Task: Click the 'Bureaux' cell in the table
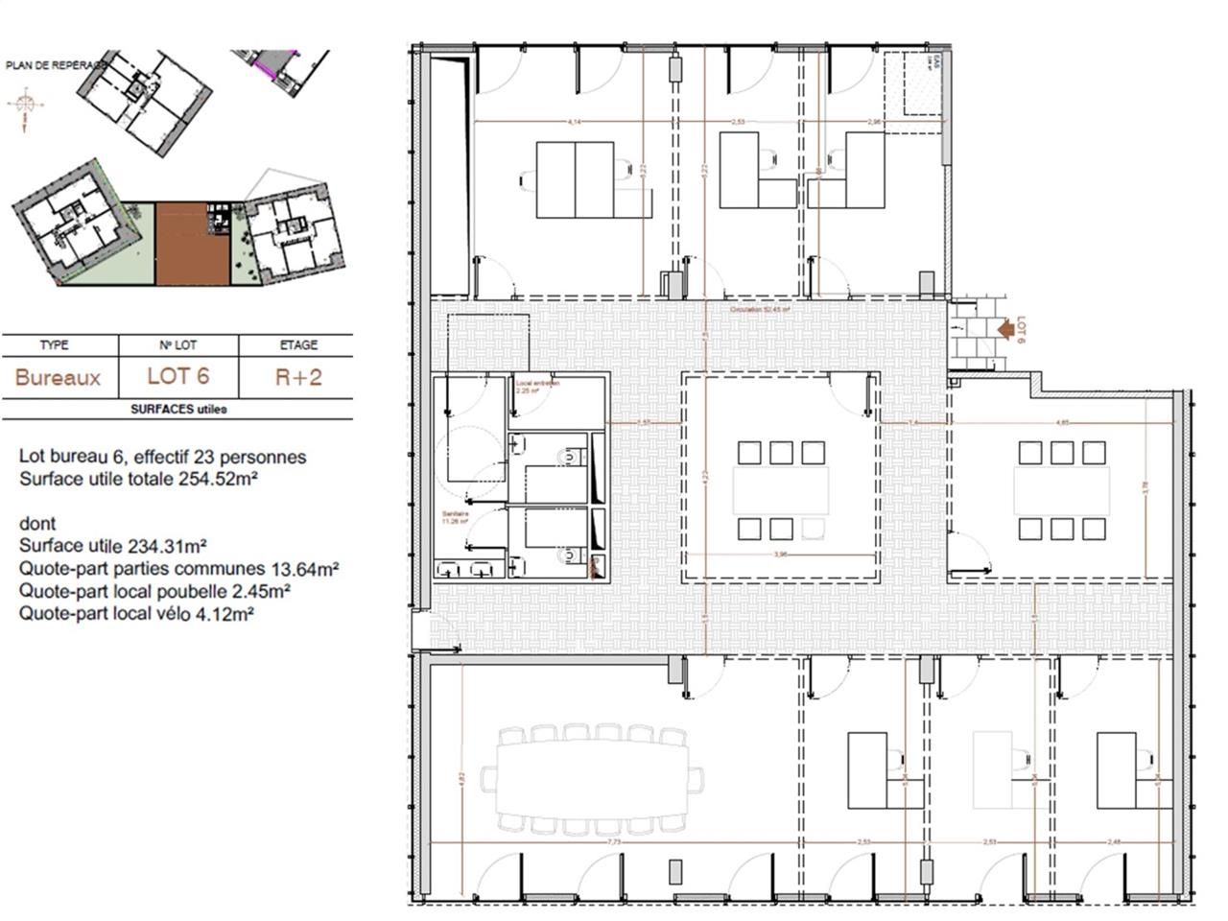(58, 377)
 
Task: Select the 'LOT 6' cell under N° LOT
(177, 376)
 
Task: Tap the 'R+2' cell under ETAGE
(297, 376)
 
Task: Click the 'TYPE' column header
(55, 345)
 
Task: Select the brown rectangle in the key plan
(193, 244)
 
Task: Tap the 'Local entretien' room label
(537, 383)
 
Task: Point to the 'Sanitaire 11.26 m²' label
(456, 519)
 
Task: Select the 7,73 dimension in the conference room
(616, 841)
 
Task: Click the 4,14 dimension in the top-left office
(575, 122)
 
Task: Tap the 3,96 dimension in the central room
(780, 555)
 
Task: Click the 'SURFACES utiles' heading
(178, 409)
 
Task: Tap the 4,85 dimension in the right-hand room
(1063, 422)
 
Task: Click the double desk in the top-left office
(575, 179)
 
